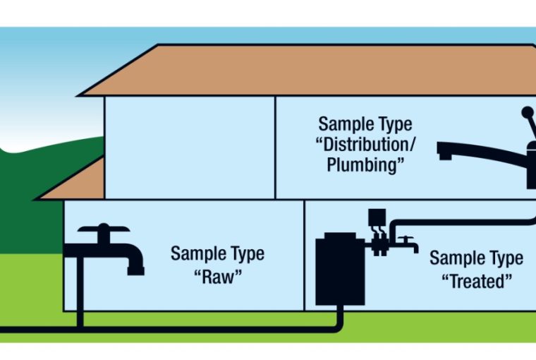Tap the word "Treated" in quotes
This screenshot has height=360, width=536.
[476, 281]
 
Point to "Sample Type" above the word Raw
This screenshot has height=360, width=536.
[217, 253]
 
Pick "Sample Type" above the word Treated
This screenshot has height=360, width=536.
[476, 258]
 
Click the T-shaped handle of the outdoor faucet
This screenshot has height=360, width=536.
[104, 229]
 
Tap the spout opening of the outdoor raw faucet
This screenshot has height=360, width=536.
[135, 270]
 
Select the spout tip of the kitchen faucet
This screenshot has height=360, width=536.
[444, 151]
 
